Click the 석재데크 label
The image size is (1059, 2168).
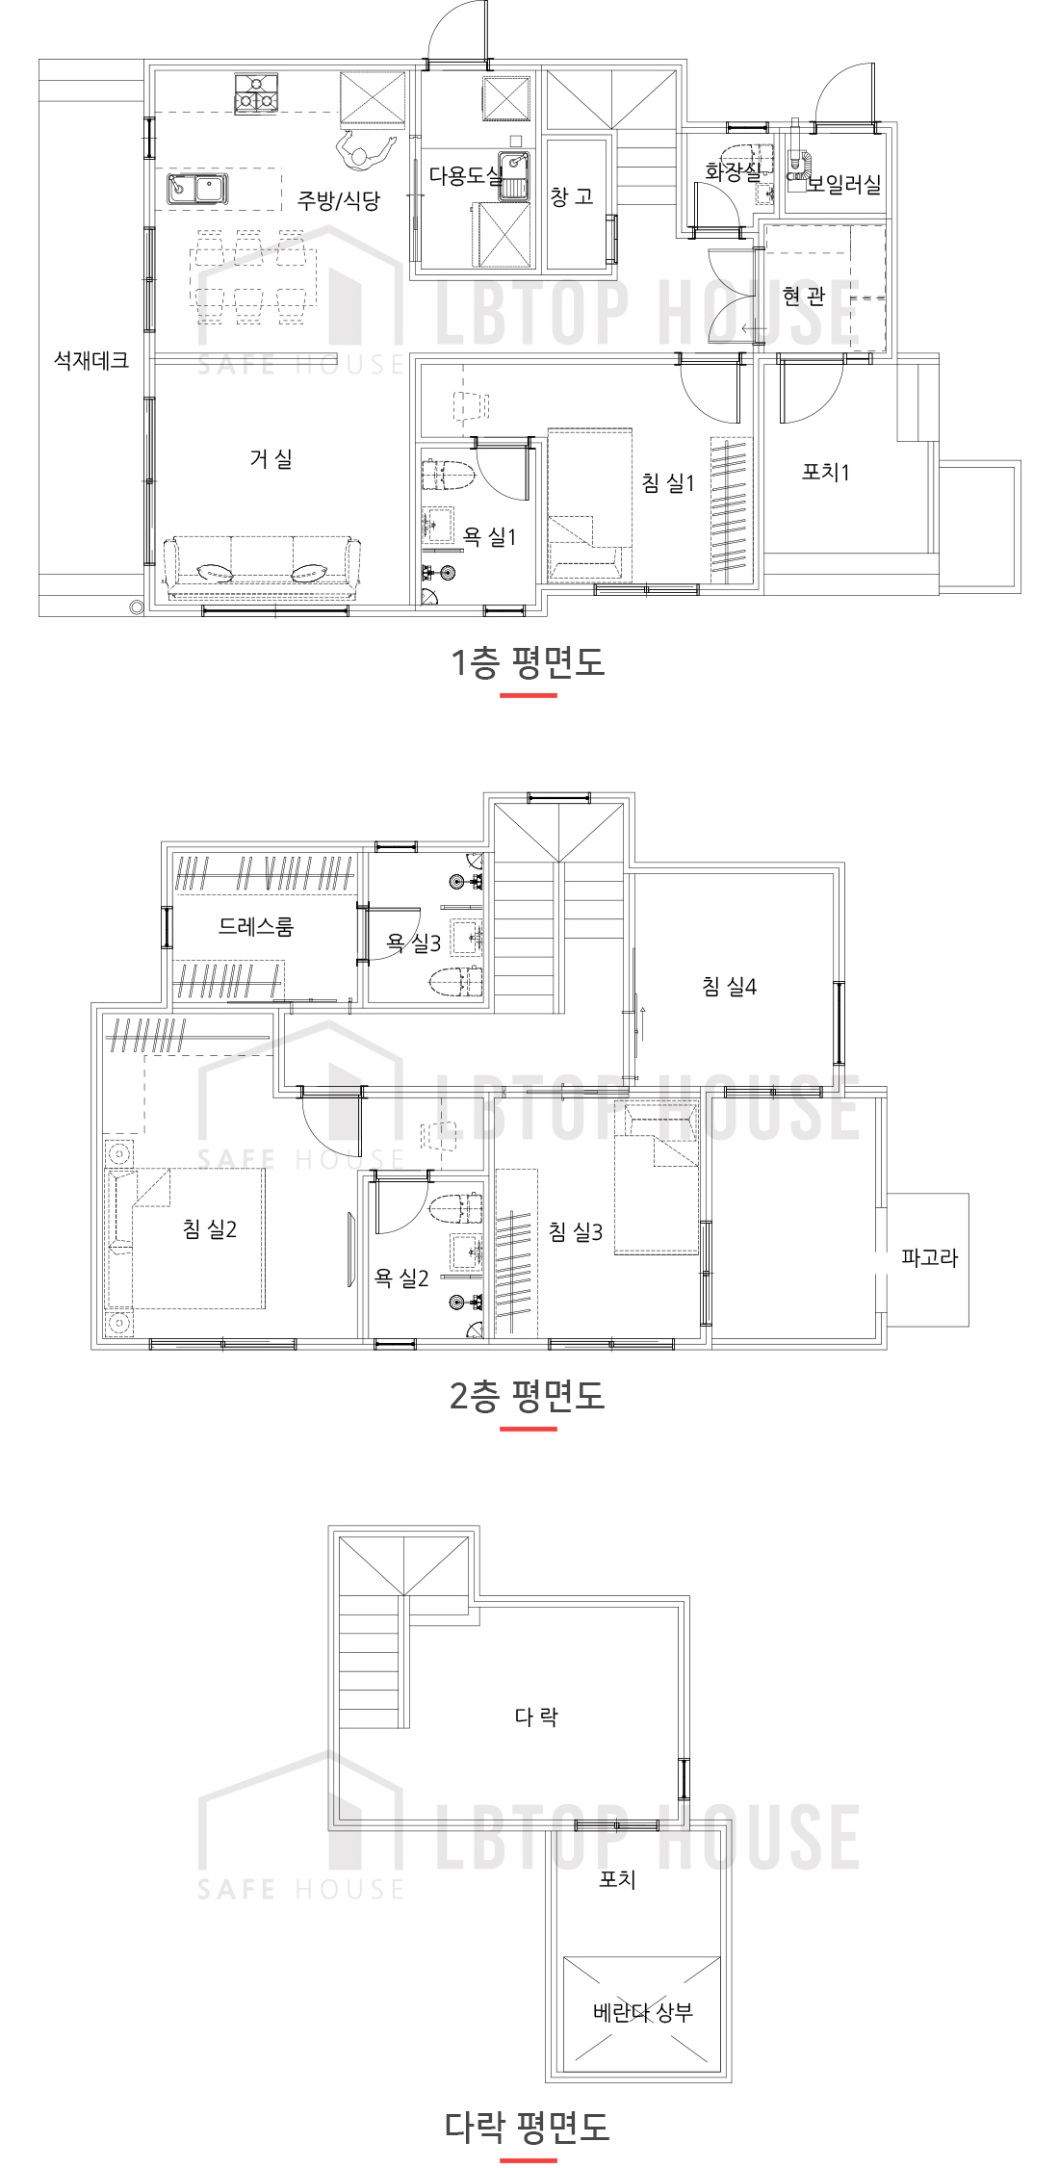91,360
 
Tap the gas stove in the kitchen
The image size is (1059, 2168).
256,93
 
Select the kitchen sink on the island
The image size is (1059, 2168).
197,189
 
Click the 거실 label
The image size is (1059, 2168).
271,459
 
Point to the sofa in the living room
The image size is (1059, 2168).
261,567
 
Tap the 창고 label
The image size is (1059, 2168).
572,197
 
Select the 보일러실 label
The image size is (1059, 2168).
843,184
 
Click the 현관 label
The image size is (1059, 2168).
804,296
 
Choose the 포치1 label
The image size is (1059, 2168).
826,472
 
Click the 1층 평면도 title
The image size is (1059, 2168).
529,662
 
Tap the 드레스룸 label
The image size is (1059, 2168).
256,926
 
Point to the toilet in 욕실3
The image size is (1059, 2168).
455,982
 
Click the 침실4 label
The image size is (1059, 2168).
729,986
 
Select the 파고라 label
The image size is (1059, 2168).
929,1257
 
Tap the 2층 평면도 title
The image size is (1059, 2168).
528,1396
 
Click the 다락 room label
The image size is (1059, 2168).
536,1716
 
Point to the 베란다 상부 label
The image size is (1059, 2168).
643,2012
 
